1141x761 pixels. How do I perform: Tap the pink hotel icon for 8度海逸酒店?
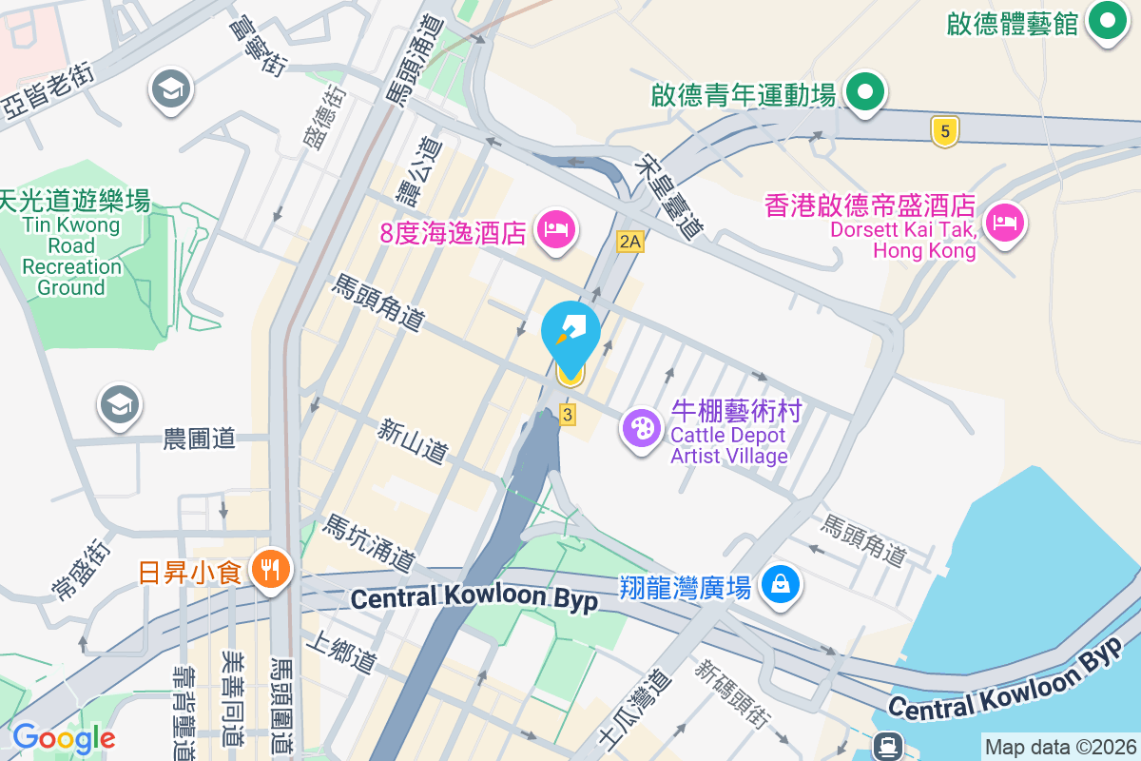click(x=556, y=229)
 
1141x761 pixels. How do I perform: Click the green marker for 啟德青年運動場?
click(x=865, y=93)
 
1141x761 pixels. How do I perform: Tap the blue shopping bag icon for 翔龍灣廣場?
click(x=780, y=583)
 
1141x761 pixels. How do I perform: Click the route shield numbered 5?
click(x=943, y=131)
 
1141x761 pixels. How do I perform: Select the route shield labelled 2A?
click(x=629, y=242)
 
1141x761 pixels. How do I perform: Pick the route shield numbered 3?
click(x=568, y=414)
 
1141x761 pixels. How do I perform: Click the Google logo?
click(x=64, y=738)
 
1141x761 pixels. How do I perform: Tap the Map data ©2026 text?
click(x=1059, y=747)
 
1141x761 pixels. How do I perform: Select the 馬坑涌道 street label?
click(x=369, y=544)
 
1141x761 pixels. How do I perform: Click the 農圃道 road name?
click(x=200, y=439)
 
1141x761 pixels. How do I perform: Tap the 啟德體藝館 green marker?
click(x=1106, y=20)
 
